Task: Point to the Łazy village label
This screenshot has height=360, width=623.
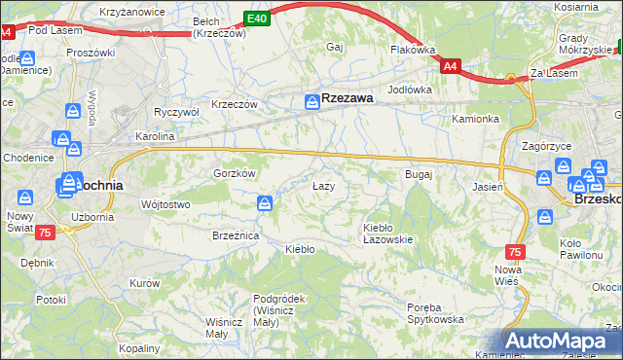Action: pos(323,186)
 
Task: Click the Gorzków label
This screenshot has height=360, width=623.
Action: pos(234,173)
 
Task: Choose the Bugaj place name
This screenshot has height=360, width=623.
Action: pos(418,174)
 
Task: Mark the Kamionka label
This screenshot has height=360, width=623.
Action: pos(475,120)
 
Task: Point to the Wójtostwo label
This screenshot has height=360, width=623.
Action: pos(165,204)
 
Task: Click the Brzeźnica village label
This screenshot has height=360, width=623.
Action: pos(235,235)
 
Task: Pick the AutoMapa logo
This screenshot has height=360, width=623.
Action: pos(563,342)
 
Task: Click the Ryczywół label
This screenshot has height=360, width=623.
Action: pos(176,112)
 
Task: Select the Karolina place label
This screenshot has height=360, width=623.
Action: pos(154,137)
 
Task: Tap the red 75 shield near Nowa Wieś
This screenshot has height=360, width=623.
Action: pos(515,251)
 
